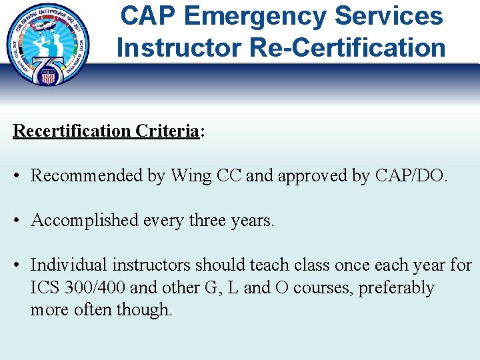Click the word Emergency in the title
(257, 16)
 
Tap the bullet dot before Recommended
(17, 176)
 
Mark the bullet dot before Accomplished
(17, 221)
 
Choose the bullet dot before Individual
(17, 265)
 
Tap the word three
(217, 221)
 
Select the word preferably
(397, 288)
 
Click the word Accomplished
(84, 221)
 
